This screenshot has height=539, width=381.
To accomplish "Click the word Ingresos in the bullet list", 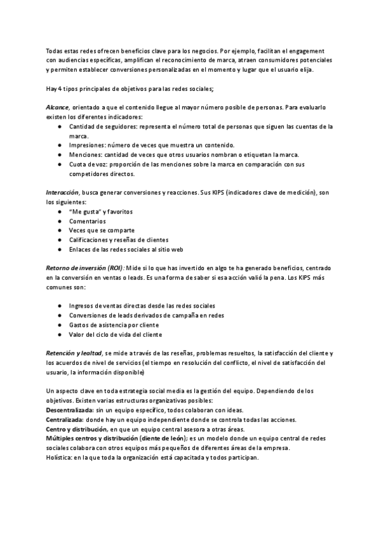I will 83,306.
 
